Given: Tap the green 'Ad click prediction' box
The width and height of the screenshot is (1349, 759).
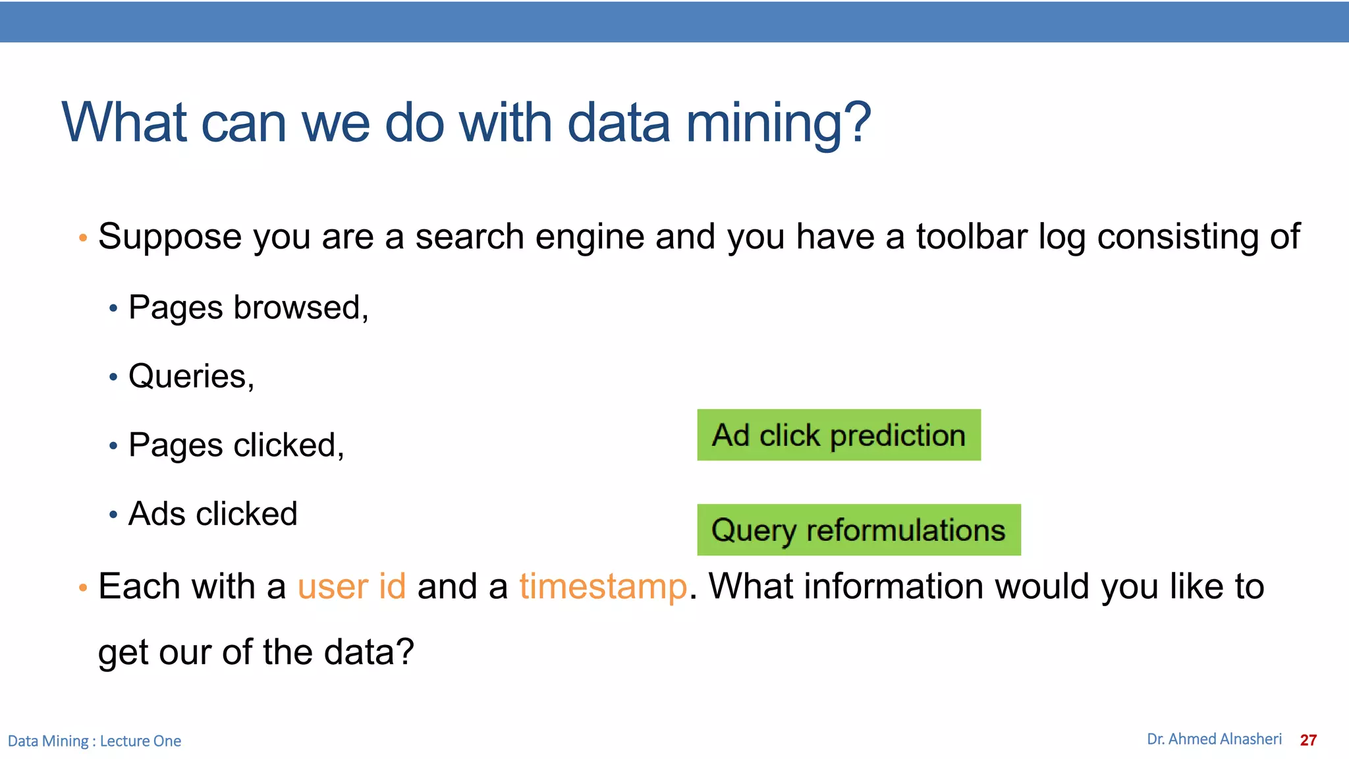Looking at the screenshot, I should [839, 435].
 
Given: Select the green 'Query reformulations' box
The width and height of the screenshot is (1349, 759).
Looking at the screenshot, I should [858, 530].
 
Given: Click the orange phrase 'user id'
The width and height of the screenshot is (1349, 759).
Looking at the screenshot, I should [352, 586].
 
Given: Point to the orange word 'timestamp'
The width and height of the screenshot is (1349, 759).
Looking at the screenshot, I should [603, 586].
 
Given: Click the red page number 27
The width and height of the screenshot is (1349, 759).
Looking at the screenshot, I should [1308, 740].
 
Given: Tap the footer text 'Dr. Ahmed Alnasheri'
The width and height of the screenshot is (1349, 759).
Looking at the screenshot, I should [1214, 739].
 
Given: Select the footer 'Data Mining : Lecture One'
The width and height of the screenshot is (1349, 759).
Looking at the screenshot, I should [94, 741].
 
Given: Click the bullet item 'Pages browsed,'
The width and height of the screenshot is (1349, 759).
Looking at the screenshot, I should [248, 308].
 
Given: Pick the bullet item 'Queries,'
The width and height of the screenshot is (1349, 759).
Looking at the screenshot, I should [191, 376].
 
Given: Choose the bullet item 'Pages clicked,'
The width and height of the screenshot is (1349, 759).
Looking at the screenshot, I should [236, 445].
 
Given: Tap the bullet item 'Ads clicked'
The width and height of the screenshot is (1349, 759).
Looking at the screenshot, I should [213, 514].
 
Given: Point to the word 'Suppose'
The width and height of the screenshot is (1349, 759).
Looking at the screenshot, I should [169, 237].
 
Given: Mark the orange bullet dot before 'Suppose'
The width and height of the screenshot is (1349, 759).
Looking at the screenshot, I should [83, 238].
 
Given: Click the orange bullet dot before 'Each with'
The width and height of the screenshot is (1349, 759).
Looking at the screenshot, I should [83, 587].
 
